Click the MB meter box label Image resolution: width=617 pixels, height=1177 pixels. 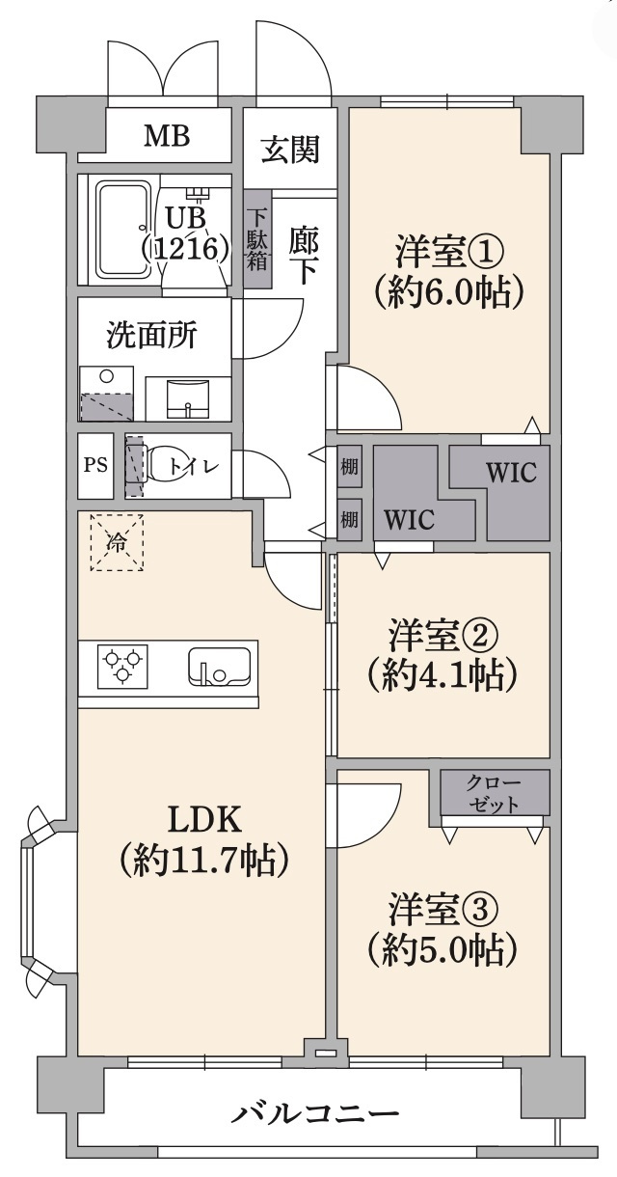click(168, 136)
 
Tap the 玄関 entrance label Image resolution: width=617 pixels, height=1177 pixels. click(290, 150)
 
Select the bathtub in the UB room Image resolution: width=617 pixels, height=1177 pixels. click(125, 229)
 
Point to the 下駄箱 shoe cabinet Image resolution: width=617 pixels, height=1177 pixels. click(257, 239)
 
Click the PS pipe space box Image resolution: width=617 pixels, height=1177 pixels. click(95, 466)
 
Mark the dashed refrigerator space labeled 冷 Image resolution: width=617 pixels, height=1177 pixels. click(117, 543)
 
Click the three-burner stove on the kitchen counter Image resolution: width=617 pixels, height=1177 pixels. click(122, 667)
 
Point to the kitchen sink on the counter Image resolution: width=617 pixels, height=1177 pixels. click(219, 667)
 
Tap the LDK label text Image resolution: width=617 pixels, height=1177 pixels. click(204, 819)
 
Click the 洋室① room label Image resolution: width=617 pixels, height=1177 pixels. click(450, 253)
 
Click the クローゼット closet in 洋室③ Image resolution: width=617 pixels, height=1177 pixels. click(495, 792)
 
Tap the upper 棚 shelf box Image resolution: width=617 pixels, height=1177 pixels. click(349, 466)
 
